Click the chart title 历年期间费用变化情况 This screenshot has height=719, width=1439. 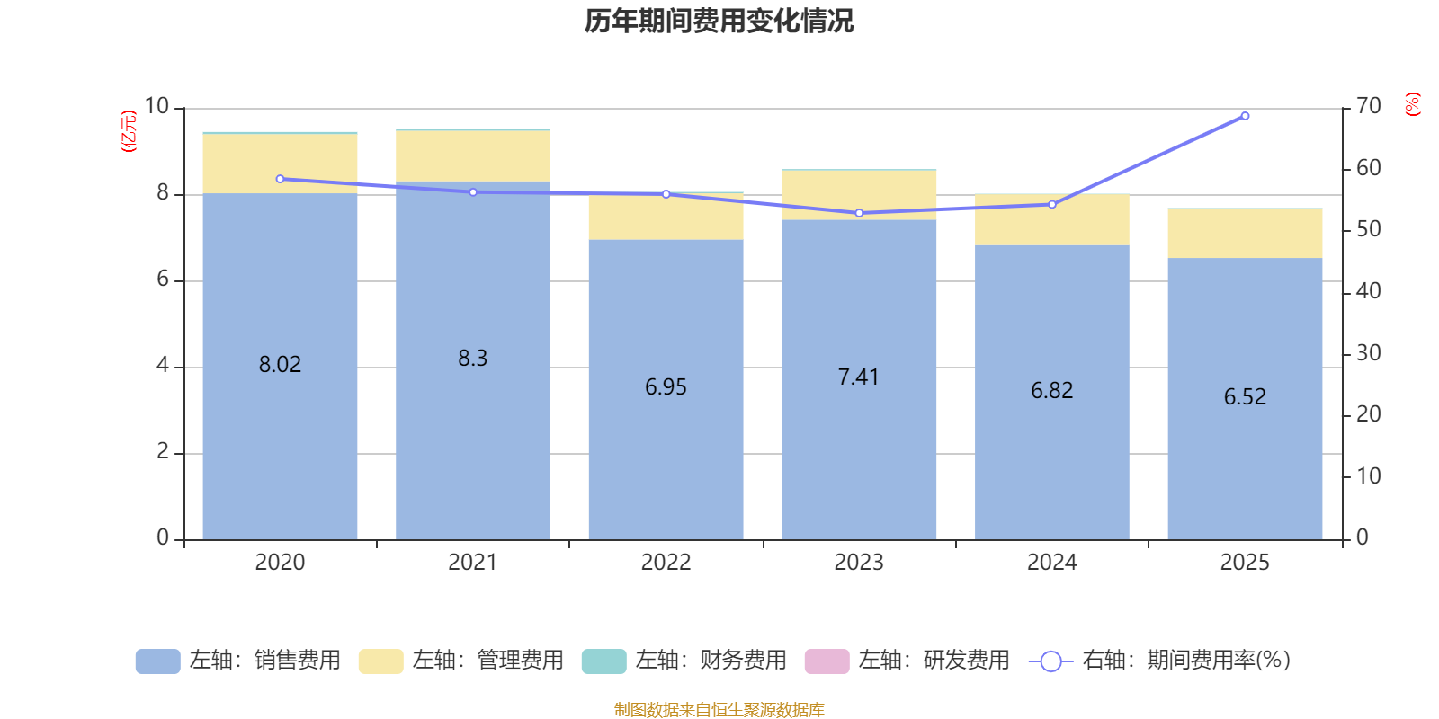[719, 21]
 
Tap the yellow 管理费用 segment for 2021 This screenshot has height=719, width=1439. [472, 156]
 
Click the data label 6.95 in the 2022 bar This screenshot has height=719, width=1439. [666, 387]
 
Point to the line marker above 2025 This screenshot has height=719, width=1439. [1245, 116]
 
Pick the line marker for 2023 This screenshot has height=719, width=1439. [859, 213]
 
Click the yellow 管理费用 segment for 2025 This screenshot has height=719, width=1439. [1245, 233]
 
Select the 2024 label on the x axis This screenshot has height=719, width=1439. [1051, 563]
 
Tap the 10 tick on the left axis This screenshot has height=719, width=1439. [156, 107]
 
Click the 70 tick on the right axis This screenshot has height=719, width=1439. [1368, 107]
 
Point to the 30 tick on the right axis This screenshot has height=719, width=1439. [1368, 353]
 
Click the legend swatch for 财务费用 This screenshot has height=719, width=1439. [603, 661]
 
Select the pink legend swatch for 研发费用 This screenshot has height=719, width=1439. [827, 661]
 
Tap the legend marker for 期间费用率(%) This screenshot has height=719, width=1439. [1050, 661]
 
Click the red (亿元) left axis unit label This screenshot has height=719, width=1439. [129, 131]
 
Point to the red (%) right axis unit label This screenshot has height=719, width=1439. [1412, 104]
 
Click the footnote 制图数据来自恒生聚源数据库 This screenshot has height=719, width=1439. [719, 710]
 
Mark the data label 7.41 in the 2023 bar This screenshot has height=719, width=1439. [858, 377]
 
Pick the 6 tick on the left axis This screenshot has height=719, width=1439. [163, 280]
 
